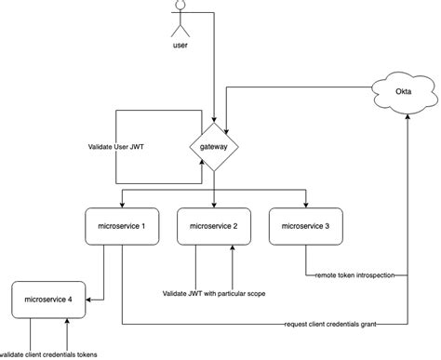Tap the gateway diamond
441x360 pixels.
[214, 147]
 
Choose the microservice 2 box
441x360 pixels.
[216, 227]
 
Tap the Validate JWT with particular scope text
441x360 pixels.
[216, 295]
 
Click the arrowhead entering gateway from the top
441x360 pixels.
[214, 120]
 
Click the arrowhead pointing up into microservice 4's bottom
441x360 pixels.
[68, 322]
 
